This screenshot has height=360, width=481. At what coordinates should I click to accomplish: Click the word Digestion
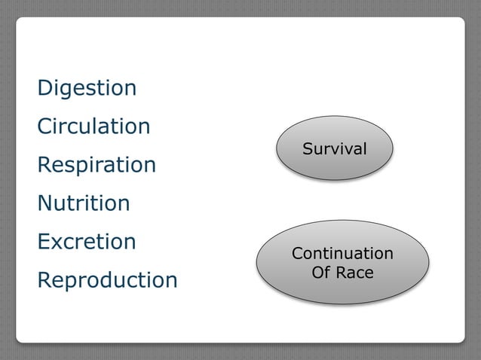(87, 88)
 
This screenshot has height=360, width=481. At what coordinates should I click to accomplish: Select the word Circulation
(93, 127)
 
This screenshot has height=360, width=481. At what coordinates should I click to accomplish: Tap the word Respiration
(97, 165)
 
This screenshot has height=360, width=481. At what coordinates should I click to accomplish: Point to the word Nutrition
(84, 203)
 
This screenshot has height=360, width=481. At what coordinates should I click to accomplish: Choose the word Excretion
(87, 242)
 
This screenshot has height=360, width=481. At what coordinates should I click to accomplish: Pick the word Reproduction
(107, 280)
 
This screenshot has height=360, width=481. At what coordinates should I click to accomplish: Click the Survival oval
(335, 148)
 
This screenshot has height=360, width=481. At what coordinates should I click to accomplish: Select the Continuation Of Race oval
(342, 262)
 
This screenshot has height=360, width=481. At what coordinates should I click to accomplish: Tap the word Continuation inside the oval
(342, 254)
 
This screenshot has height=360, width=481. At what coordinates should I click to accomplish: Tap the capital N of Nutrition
(44, 203)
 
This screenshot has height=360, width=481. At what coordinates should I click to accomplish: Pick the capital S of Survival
(307, 148)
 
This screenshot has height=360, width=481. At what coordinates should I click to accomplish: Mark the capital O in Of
(317, 272)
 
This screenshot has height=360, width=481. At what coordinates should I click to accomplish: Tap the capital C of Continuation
(297, 254)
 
